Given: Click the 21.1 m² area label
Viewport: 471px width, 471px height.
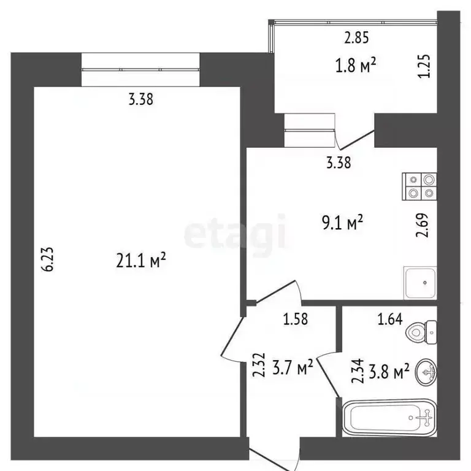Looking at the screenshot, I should click(x=142, y=261).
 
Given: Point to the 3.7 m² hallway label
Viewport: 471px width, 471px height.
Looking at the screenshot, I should click(x=294, y=369).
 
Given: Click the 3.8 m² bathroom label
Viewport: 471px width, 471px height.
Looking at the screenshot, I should click(x=390, y=372).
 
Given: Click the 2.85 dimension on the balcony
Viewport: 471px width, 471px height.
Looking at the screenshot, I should click(x=356, y=38).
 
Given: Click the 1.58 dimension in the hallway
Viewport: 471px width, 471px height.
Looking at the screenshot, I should click(x=295, y=318).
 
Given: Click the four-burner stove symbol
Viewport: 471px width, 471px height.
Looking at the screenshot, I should click(x=420, y=186).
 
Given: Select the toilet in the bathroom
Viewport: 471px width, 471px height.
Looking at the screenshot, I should click(x=423, y=332).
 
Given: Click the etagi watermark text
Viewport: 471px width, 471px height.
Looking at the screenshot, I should click(x=235, y=234).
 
